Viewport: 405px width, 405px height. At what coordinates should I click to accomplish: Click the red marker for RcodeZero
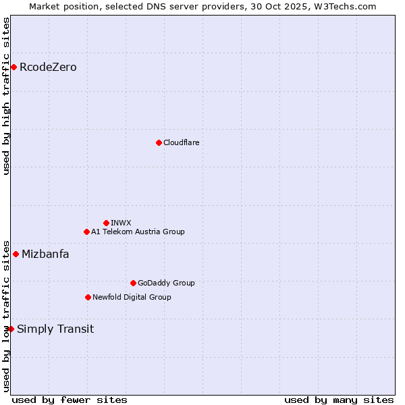[x=13, y=67]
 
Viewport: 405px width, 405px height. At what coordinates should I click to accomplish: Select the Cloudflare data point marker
[x=159, y=142]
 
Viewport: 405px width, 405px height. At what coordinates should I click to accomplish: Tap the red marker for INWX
[x=106, y=223]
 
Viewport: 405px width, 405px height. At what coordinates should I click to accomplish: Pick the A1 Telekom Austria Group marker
[x=86, y=232]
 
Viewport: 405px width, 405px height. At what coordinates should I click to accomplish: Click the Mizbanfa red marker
[x=16, y=254]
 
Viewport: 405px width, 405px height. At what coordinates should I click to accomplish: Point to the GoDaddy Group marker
[x=133, y=283]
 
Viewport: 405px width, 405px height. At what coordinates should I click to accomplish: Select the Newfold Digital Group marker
[x=88, y=297]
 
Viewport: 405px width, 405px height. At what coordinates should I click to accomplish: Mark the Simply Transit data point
[x=11, y=329]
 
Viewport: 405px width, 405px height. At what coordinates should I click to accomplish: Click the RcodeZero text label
[x=48, y=67]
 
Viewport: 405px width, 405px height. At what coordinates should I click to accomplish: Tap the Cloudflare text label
[x=181, y=142]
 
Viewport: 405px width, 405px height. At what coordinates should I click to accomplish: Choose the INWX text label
[x=121, y=223]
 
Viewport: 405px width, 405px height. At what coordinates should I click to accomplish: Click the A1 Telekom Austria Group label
[x=138, y=232]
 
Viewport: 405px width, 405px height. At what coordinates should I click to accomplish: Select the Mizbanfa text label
[x=45, y=254]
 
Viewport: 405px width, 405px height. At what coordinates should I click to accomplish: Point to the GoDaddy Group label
[x=166, y=283]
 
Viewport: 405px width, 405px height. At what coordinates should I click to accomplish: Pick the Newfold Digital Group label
[x=132, y=297]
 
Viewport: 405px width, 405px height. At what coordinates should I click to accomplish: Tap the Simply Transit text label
[x=55, y=329]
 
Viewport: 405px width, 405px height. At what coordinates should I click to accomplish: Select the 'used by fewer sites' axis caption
[x=70, y=400]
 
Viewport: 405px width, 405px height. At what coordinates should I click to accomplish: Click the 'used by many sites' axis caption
[x=339, y=400]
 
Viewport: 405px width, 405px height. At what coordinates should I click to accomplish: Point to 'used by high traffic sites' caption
[x=6, y=96]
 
